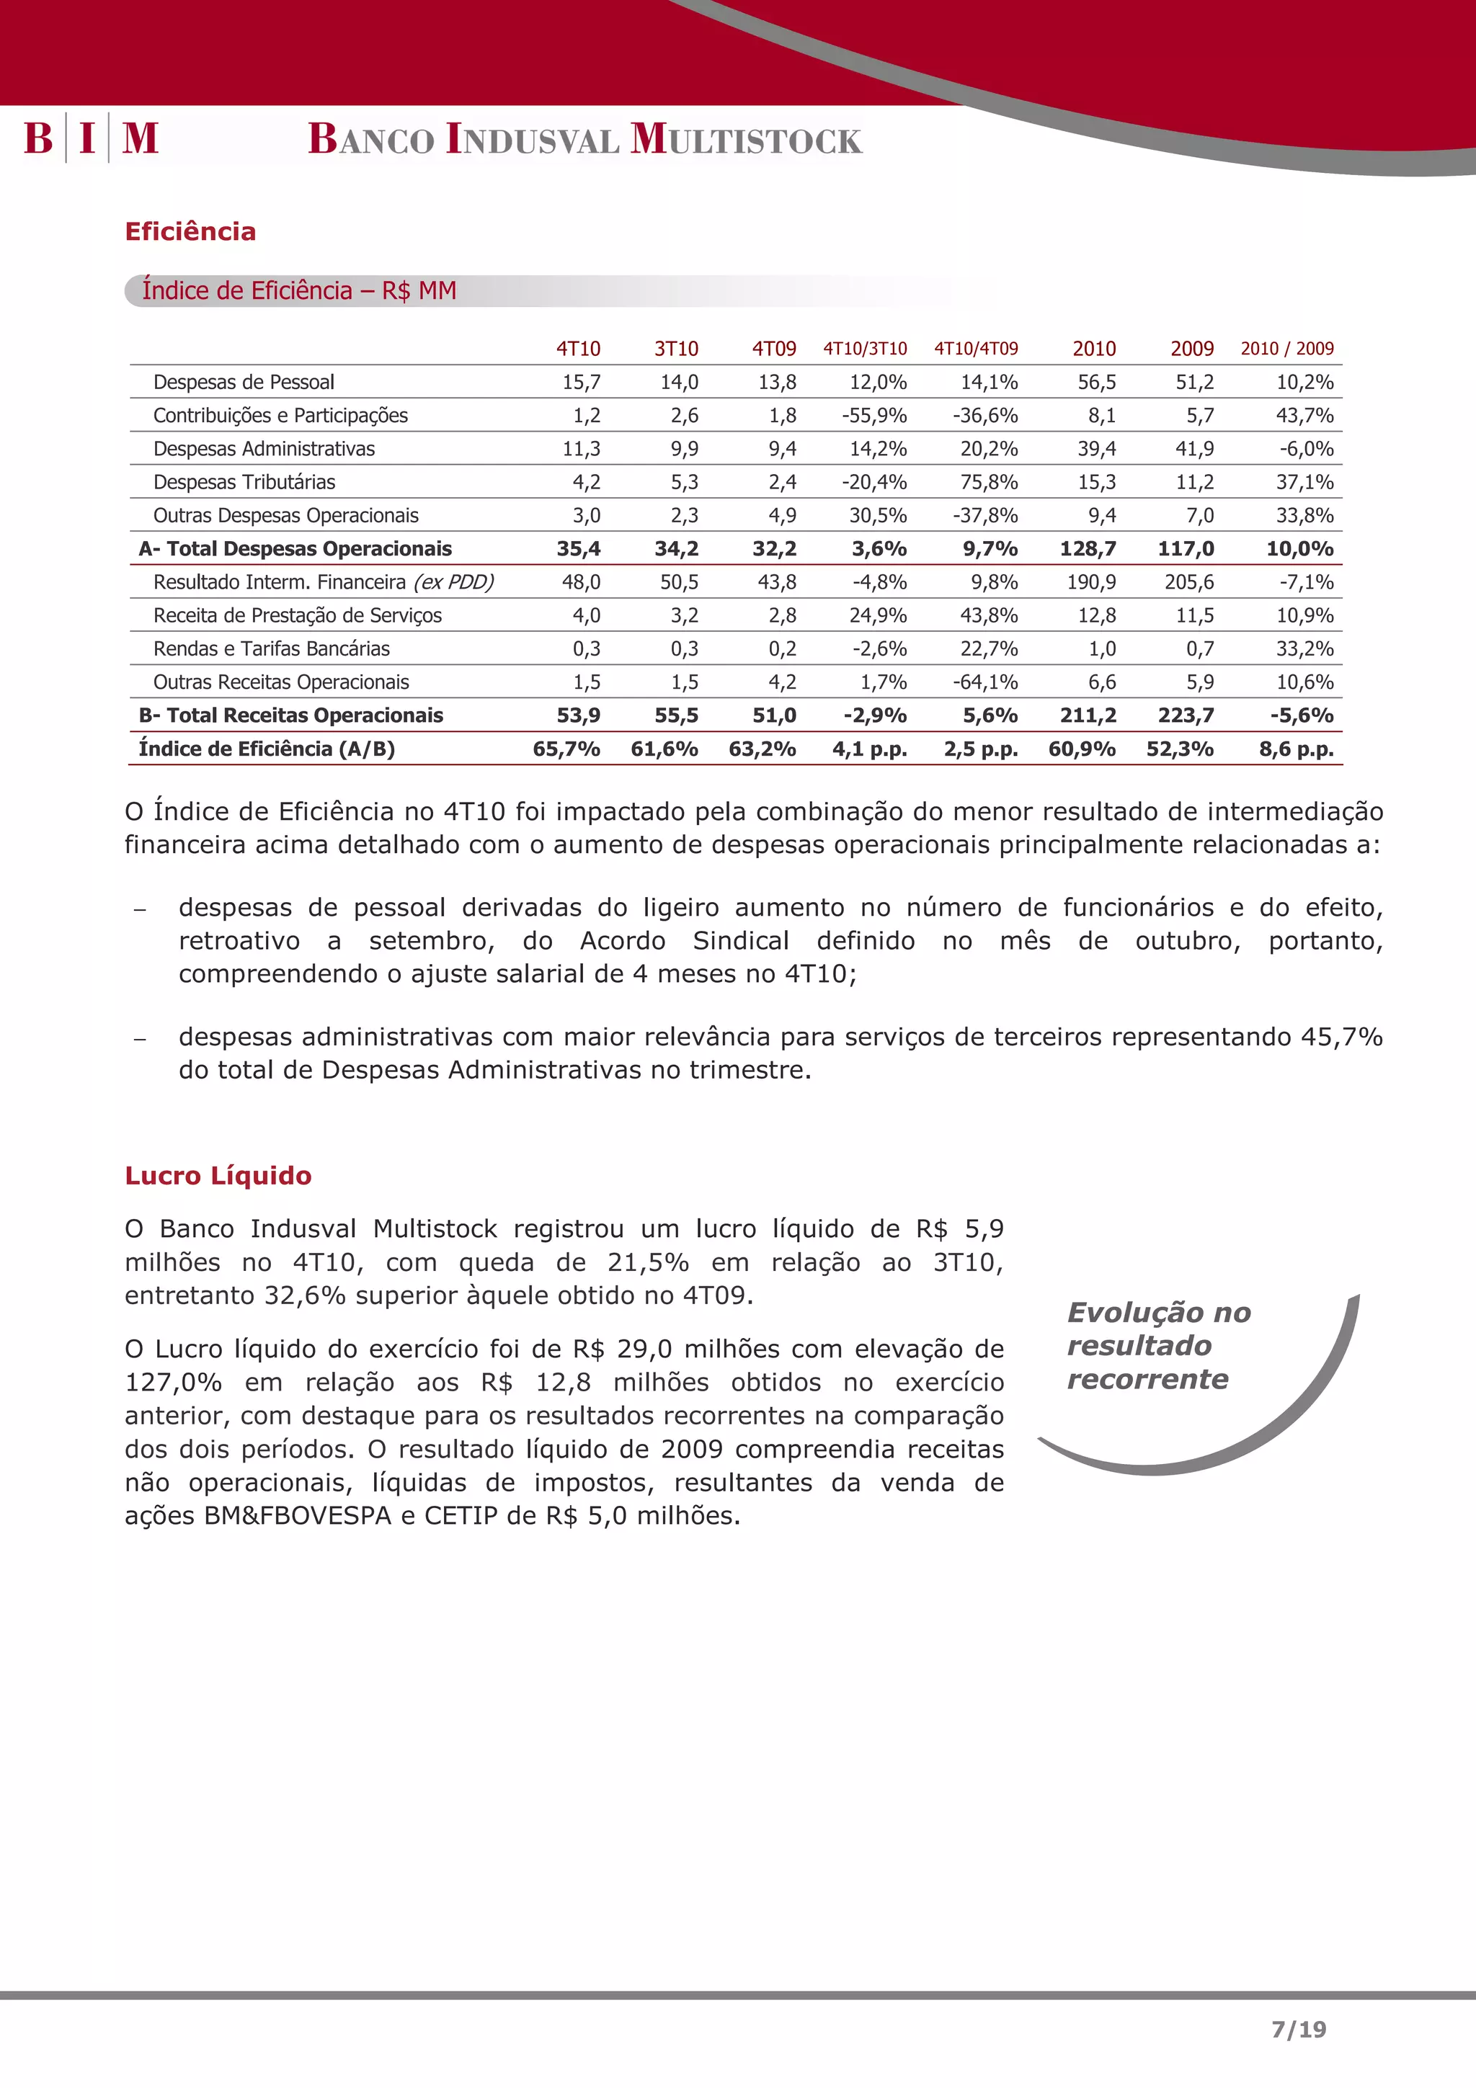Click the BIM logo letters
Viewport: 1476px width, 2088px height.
[x=91, y=138]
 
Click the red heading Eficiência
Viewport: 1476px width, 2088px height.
[x=190, y=232]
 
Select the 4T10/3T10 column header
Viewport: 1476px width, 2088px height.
[x=865, y=348]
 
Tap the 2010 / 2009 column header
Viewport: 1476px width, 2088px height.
[x=1287, y=348]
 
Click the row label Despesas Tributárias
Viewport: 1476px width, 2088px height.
[x=244, y=482]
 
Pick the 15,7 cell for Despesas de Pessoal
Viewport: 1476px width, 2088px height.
[x=581, y=382]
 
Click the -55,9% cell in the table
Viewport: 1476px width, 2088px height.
[x=874, y=416]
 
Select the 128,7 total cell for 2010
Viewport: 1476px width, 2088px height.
[x=1088, y=548]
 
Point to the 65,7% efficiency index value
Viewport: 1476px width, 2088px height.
[x=566, y=749]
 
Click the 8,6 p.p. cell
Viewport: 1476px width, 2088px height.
[x=1296, y=749]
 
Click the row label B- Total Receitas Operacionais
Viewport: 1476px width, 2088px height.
[x=290, y=715]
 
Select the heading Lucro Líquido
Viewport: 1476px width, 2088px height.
[x=218, y=1176]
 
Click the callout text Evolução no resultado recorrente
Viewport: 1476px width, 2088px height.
[x=1157, y=1346]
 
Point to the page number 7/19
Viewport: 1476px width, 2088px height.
[x=1299, y=2029]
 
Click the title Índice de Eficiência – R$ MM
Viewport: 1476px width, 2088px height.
[x=299, y=291]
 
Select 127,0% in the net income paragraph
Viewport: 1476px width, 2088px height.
[x=173, y=1383]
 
